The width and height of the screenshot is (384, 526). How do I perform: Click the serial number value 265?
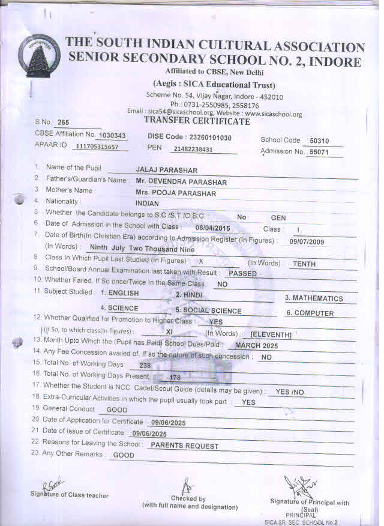pos(64,123)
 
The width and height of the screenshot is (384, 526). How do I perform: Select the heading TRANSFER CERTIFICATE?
pos(197,121)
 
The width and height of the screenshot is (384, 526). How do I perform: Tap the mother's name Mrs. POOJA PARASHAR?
pos(175,193)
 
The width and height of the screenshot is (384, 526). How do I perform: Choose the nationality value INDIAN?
pos(147,204)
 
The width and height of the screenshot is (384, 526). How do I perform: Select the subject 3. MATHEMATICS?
pos(314,298)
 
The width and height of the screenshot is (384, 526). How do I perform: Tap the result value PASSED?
pos(243,273)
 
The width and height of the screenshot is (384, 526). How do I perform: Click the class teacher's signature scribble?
pos(52,486)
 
